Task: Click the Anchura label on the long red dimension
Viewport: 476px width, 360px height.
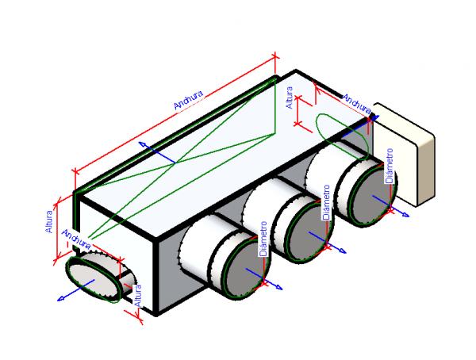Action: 188,99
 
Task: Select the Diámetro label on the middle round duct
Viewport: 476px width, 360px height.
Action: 326,205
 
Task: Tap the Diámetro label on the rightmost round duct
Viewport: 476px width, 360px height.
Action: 388,170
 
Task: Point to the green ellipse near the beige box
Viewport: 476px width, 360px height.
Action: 342,132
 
